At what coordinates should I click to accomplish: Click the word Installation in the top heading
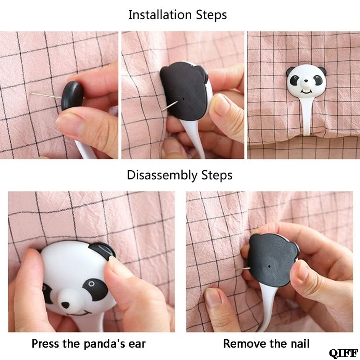[160, 15]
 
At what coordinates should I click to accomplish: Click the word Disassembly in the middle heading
[162, 175]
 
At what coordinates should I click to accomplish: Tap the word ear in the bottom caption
[137, 344]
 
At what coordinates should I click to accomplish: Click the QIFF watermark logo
[344, 353]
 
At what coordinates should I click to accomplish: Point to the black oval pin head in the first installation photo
[72, 95]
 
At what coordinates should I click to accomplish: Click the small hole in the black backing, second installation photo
[184, 99]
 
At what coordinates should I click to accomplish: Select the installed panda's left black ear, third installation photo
[290, 71]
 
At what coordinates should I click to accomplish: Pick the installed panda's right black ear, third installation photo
[322, 71]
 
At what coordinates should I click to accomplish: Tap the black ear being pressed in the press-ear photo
[102, 250]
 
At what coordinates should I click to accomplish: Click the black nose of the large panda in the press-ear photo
[65, 305]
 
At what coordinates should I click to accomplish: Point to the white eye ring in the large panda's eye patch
[91, 284]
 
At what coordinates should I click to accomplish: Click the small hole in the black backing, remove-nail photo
[269, 266]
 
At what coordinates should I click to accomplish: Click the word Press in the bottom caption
[46, 344]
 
